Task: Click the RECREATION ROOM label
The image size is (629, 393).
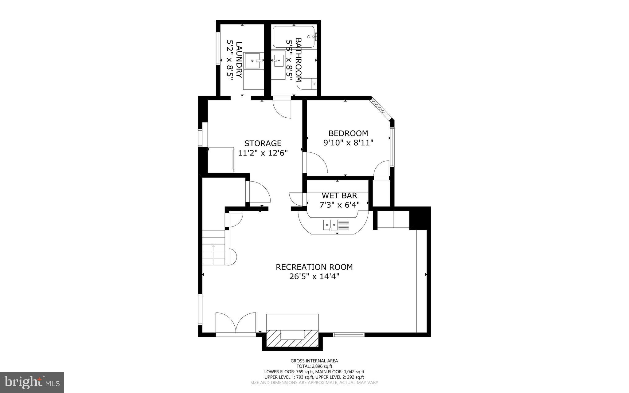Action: point(314,267)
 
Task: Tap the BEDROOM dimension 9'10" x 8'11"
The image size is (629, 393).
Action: point(348,143)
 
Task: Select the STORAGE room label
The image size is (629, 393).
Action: point(263,143)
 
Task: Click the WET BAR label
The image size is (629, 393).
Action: point(339,195)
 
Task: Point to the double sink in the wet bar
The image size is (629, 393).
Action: point(330,225)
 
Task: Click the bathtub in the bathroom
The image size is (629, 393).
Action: point(294,37)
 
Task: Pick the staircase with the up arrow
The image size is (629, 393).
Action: point(214,248)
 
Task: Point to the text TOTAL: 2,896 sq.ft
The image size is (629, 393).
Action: point(314,366)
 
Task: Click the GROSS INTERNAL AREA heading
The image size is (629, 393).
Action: point(314,361)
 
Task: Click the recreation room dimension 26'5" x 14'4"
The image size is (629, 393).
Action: point(314,277)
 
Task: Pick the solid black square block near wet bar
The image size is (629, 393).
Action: point(419,218)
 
